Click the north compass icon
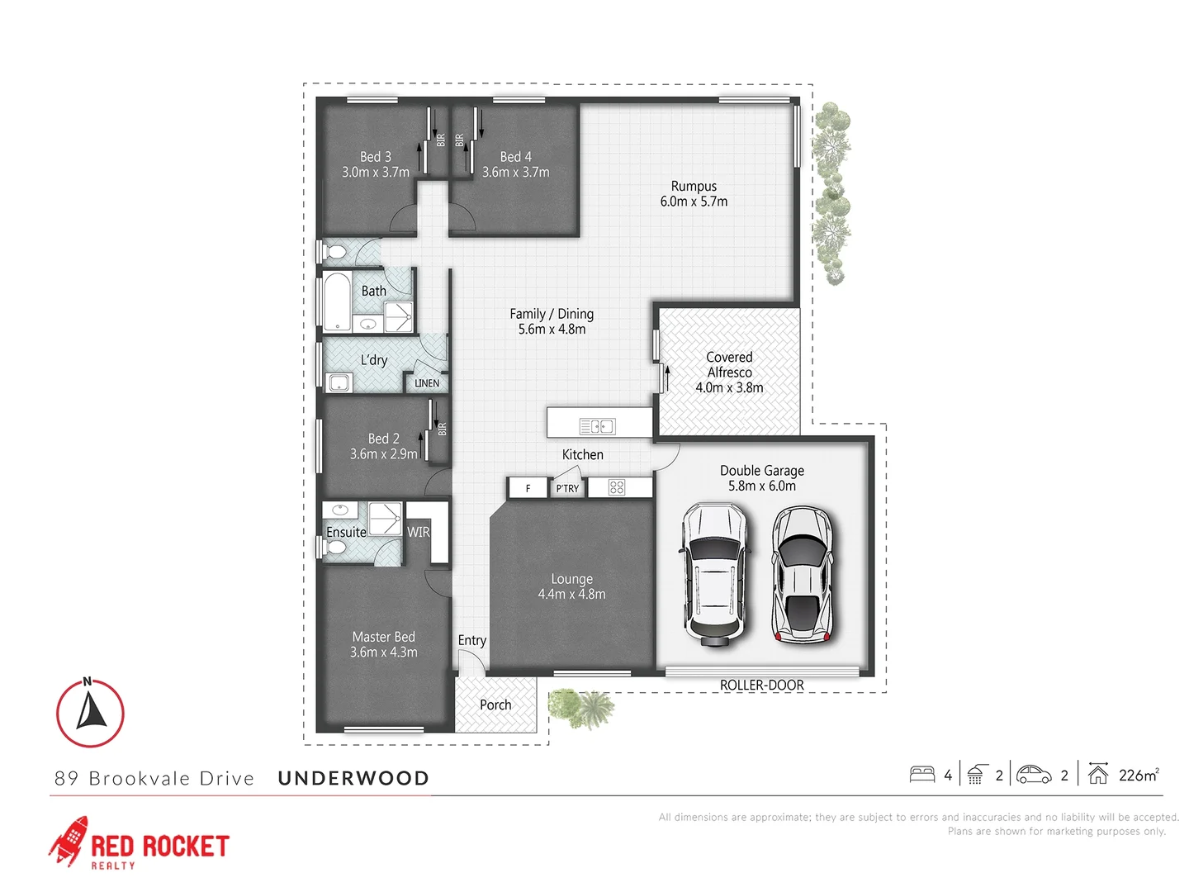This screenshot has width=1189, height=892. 90,713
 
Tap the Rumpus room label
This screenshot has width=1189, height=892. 694,187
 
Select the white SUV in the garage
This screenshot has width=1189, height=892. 714,574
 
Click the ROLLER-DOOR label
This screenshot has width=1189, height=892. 761,686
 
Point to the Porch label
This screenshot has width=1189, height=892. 495,705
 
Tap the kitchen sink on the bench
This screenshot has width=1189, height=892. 597,426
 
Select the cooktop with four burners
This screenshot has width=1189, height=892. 617,487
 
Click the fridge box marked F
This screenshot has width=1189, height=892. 528,488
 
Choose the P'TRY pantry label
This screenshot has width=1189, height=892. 567,489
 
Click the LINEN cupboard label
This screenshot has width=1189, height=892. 427,383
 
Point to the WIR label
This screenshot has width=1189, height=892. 419,533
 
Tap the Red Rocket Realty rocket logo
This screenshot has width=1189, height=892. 69,841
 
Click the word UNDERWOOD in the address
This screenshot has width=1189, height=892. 353,778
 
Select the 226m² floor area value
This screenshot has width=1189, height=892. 1139,775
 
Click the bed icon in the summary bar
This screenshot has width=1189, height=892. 922,775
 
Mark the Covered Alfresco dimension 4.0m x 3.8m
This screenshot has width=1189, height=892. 729,387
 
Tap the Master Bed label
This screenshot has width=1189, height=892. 383,637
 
